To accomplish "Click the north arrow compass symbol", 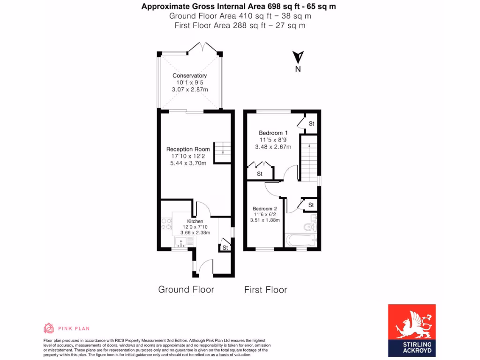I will click(x=298, y=58).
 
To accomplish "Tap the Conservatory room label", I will click(x=189, y=75).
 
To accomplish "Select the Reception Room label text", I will click(x=188, y=150).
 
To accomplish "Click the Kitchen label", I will click(x=195, y=221).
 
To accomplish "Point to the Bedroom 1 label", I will click(x=273, y=133).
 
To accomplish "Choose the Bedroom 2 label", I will click(x=265, y=209).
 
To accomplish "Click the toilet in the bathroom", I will click(x=309, y=227).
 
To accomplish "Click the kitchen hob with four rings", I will click(x=166, y=224).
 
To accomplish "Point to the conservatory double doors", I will click(x=202, y=47).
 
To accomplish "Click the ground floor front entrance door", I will click(x=202, y=269).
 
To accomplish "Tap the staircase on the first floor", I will click(x=309, y=157).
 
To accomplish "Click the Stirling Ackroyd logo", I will click(x=412, y=330).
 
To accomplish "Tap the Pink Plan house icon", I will click(x=49, y=328).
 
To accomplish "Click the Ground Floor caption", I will click(x=186, y=290).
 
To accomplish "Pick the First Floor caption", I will click(x=265, y=290).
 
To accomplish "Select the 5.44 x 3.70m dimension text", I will click(x=188, y=163).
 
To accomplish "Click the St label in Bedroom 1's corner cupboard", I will click(x=311, y=124).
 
